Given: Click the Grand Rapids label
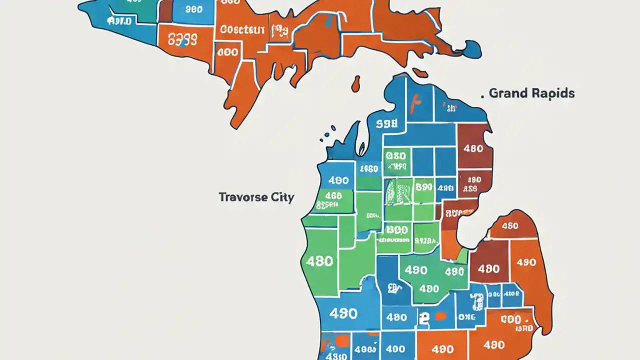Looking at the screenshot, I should point(531,93).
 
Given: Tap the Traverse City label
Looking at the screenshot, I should point(256,197).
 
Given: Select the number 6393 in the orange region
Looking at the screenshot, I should point(182,39).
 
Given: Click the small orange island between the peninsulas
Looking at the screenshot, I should point(356,83).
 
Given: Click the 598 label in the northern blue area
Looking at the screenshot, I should point(387,123).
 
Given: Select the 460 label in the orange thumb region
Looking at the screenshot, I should point(509,226).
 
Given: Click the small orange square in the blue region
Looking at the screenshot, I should point(440,316).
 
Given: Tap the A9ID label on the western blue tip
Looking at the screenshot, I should point(119,21).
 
